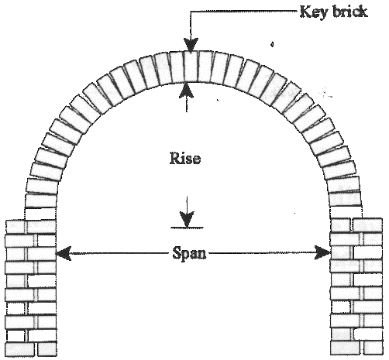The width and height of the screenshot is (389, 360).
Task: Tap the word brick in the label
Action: coord(350,12)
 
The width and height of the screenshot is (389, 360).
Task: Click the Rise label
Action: coord(185,158)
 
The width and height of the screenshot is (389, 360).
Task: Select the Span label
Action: coord(189,253)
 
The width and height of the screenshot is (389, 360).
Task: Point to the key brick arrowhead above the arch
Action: coord(191,46)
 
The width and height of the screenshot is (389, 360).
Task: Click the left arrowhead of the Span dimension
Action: coord(64,253)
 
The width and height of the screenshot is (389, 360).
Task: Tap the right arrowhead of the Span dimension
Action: coord(323,253)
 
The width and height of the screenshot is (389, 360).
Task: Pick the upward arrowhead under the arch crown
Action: coord(186,91)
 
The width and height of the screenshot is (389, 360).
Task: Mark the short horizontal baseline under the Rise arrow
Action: coord(187,228)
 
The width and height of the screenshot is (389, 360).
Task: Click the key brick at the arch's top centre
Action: coord(191,67)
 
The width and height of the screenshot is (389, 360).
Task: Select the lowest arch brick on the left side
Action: coord(41,201)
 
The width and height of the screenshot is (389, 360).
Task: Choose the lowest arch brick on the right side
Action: coord(346,200)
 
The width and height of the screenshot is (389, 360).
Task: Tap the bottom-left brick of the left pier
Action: coord(20,349)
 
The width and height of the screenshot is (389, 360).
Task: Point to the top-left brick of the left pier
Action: coord(15,226)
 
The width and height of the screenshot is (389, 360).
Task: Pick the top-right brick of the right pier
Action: coord(367,225)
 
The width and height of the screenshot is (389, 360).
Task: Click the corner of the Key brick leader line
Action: coord(191,12)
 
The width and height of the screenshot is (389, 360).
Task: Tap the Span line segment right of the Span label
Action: coord(262,253)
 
